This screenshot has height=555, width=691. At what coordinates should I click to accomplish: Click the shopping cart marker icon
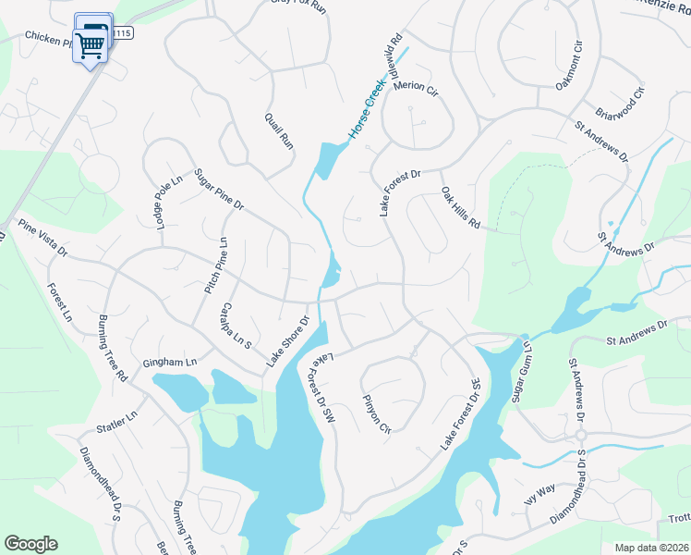coord(91,43)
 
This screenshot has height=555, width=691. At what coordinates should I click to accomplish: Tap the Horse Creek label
coord(366,110)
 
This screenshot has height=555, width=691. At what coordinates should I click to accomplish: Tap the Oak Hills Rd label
coord(461,208)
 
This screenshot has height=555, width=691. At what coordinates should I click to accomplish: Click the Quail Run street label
coord(278,131)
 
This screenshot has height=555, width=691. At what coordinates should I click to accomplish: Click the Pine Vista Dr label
coord(43,238)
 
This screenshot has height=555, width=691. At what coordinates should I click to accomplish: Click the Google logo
coord(30,544)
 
